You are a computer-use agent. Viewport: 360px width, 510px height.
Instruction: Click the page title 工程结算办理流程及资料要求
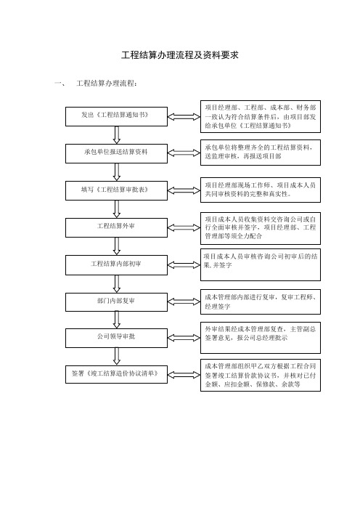coord(180,55)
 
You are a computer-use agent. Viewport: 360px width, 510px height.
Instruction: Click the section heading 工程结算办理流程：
coord(107,84)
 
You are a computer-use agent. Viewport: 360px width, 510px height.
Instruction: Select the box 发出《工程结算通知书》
coord(116,116)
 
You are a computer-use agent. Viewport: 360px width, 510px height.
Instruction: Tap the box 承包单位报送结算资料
coord(116,153)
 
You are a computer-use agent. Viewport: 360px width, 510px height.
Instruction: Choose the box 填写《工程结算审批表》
coord(116,190)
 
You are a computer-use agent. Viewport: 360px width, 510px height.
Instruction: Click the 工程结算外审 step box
coord(116,227)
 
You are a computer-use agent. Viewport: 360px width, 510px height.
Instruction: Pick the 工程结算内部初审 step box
coord(116,265)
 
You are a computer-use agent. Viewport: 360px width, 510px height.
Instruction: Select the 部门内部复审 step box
coord(116,302)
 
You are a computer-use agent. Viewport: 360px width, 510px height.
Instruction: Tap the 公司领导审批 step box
coord(116,338)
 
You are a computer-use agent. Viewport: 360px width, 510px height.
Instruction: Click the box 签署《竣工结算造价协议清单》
coord(116,374)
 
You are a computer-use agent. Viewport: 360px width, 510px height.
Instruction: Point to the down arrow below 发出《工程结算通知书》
coord(117,135)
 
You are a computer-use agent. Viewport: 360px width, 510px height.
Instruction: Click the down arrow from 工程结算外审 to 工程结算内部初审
coord(117,246)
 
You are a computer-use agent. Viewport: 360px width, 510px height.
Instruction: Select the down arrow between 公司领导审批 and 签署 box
coord(117,357)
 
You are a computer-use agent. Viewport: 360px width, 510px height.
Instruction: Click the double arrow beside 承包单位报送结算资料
coord(184,153)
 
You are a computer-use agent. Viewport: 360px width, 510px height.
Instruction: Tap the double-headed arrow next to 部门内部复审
coord(184,301)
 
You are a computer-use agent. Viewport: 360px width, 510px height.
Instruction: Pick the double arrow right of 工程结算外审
coord(184,227)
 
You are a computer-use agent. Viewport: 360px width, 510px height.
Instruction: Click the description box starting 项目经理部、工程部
coord(261,116)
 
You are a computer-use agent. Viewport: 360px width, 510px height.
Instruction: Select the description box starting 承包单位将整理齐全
coord(261,153)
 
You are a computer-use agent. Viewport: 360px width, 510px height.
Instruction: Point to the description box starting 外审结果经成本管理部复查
coord(261,338)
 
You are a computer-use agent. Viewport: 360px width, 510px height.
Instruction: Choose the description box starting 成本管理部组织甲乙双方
coord(261,375)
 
